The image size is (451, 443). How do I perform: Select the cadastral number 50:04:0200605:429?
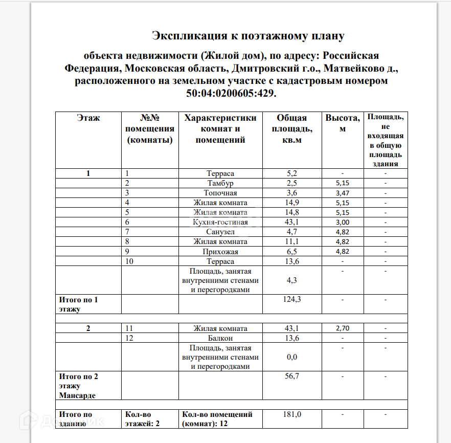point(232,93)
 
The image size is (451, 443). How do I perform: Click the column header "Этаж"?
point(88,118)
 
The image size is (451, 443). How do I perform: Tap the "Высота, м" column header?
point(342,123)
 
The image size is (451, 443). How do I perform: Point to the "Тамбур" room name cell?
point(220,183)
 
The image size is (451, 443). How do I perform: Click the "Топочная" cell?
point(220,193)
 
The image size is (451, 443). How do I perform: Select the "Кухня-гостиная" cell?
point(220,222)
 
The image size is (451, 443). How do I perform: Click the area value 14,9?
point(291,203)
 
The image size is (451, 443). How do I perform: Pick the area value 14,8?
point(291,212)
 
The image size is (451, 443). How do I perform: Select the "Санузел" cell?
point(220,232)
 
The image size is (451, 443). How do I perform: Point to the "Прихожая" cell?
point(220,252)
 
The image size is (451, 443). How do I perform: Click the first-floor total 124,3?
point(291,299)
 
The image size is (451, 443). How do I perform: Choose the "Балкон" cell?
point(220,338)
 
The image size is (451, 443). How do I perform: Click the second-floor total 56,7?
point(291,376)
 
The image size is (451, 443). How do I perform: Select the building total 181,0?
point(291,414)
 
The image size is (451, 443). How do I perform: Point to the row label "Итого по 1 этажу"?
point(79,304)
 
